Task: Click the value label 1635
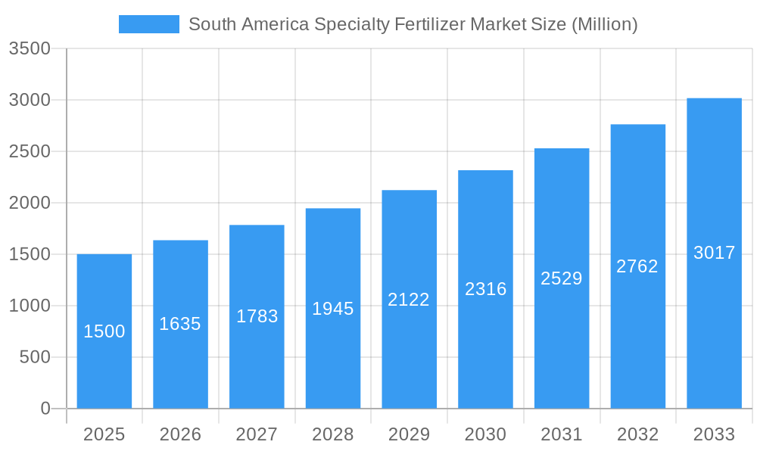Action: point(180,324)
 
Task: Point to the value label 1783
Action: point(257,316)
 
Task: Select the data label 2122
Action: point(409,300)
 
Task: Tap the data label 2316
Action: point(485,289)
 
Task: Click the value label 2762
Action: point(637,266)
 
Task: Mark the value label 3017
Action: point(714,253)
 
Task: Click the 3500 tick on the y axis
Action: point(30,48)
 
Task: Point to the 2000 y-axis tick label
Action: point(30,203)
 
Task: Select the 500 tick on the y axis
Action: point(36,357)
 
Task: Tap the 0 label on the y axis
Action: point(45,409)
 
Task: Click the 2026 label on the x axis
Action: point(180,434)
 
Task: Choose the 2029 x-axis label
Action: point(409,434)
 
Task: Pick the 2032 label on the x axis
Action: point(637,434)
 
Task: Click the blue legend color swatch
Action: point(149,24)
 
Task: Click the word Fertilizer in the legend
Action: point(429,24)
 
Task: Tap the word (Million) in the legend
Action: point(604,24)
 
